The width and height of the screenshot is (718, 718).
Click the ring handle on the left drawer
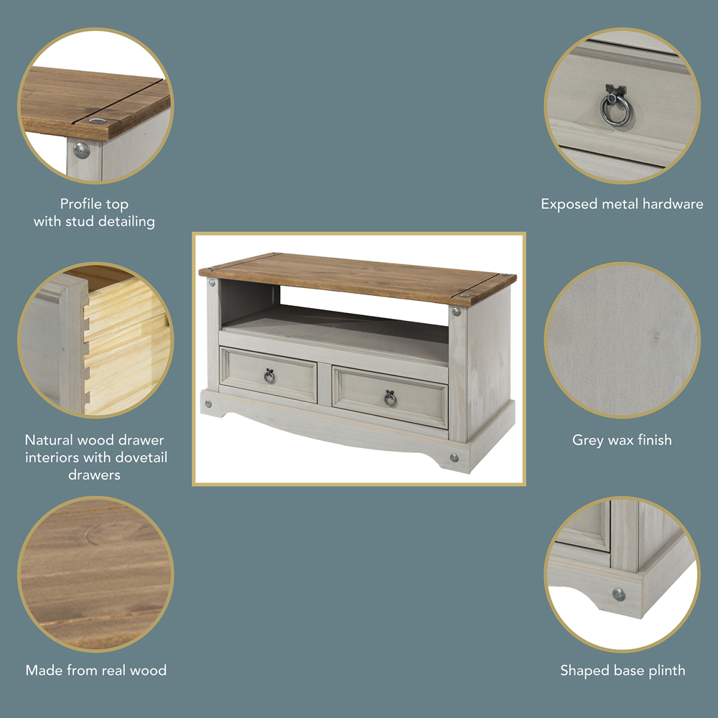coord(269,378)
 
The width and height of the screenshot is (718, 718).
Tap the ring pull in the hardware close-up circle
coord(615,111)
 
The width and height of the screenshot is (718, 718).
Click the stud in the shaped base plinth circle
coord(619,595)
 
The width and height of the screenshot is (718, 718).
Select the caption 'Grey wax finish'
coord(622,440)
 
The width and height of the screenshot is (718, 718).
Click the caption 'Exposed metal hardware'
coord(622,204)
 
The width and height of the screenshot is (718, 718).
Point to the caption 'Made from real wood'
coord(96,671)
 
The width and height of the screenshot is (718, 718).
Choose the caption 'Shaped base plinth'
coord(623,671)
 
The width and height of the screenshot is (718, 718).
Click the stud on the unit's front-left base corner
coord(209,404)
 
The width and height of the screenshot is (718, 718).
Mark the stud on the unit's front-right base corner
coord(454,457)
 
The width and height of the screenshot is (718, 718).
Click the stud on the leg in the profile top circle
coord(82,151)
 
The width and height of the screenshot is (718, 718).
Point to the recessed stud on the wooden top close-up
coord(97,121)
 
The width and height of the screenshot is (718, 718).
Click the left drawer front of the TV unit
coord(269,375)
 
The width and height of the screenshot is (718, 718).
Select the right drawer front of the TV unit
coord(390,397)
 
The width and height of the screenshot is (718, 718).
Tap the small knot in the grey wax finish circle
coord(656,337)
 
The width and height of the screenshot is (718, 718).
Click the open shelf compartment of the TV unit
coord(335,316)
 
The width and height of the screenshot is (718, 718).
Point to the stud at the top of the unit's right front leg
coord(456,312)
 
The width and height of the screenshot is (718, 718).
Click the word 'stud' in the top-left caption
coord(80,222)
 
